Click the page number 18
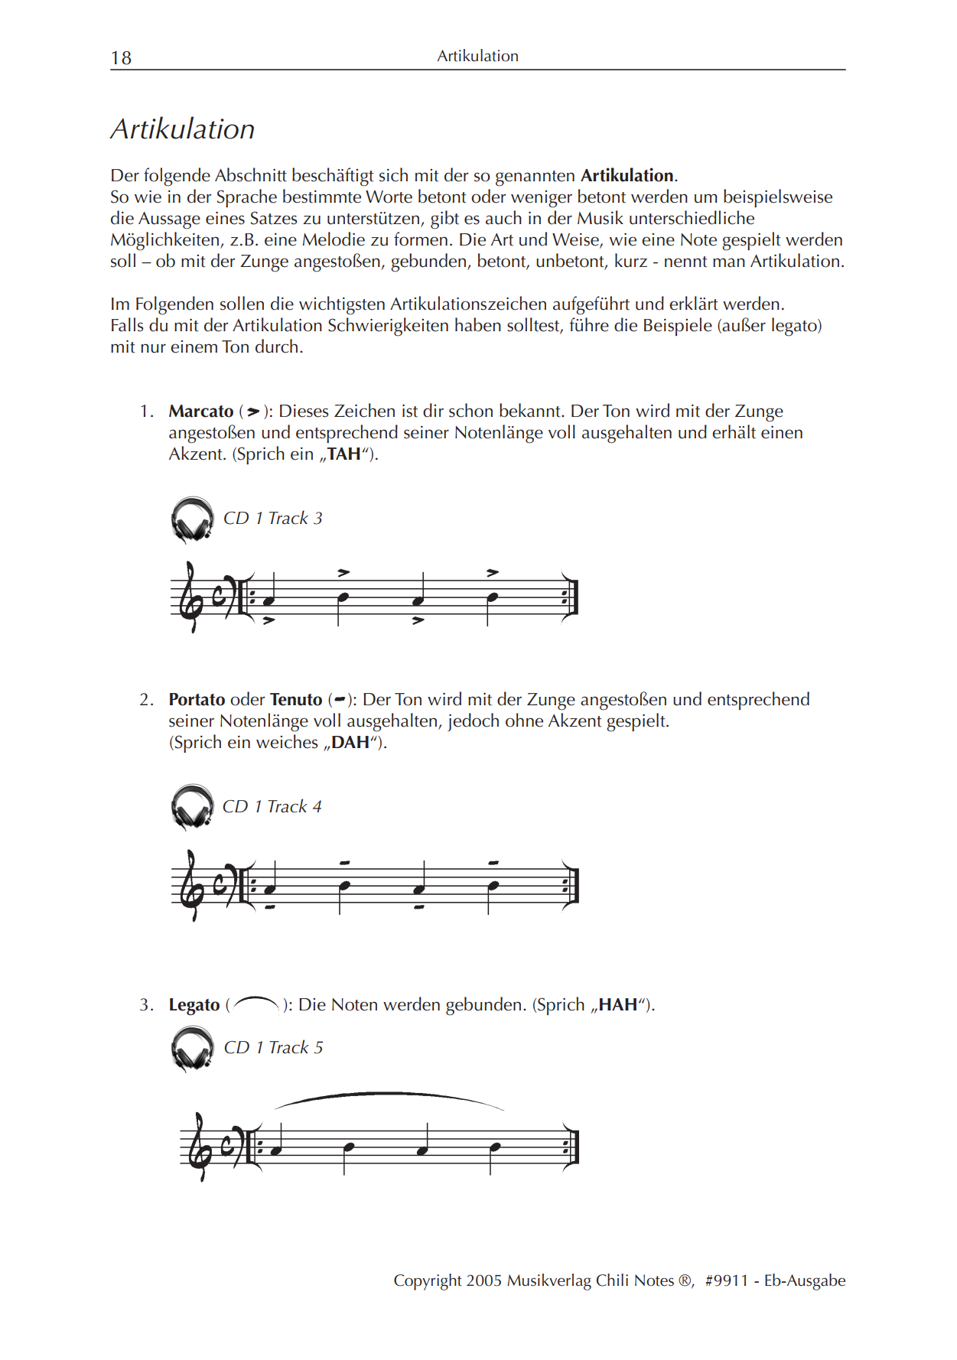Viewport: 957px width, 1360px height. [x=121, y=58]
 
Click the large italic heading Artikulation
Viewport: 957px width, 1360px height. [x=183, y=129]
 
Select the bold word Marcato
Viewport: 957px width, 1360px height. [x=200, y=412]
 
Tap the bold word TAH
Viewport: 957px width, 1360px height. [x=344, y=454]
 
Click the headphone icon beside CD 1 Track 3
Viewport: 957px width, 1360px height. [x=192, y=519]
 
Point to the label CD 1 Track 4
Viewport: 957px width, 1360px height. [x=272, y=807]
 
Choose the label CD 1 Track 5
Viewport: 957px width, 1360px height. [x=273, y=1048]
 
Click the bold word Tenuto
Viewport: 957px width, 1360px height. [x=296, y=700]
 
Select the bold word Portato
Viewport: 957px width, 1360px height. [x=197, y=700]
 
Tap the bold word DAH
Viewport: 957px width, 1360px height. [x=350, y=743]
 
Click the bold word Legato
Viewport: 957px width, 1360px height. [x=194, y=1005]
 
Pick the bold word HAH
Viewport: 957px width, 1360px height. [x=617, y=1005]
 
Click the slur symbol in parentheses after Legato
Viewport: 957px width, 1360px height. [x=256, y=1004]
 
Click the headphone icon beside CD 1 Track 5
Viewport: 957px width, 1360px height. [x=192, y=1048]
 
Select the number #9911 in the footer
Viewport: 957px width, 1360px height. [x=726, y=1280]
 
